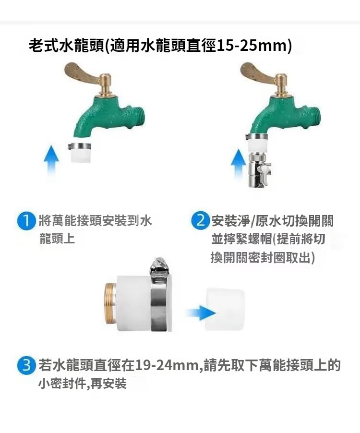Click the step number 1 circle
pyautogui.click(x=26, y=221)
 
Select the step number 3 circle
pyautogui.click(x=26, y=365)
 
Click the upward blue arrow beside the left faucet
pyautogui.click(x=51, y=160)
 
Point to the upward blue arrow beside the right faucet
pyautogui.click(x=238, y=163)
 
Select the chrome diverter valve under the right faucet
pyautogui.click(x=259, y=170)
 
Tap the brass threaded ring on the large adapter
pyautogui.click(x=110, y=304)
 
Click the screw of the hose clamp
pyautogui.click(x=158, y=266)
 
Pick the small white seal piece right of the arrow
pyautogui.click(x=225, y=309)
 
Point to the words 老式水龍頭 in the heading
pyautogui.click(x=67, y=46)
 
